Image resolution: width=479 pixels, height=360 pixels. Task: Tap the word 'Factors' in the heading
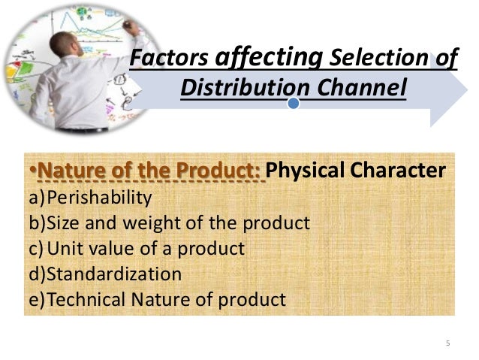pos(170,59)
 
